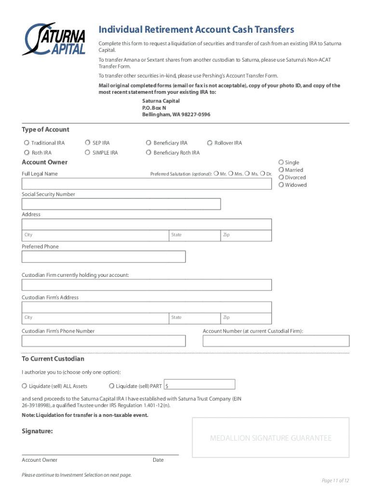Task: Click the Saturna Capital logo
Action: pyautogui.click(x=55, y=39)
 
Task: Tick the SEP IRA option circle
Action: pyautogui.click(x=87, y=143)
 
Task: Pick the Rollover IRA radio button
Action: pyautogui.click(x=210, y=143)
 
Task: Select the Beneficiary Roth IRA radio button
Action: pyautogui.click(x=148, y=153)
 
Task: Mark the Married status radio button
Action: pyautogui.click(x=281, y=170)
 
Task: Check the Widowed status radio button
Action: pyautogui.click(x=281, y=185)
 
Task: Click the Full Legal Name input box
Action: pyautogui.click(x=146, y=184)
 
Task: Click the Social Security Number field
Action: pyautogui.click(x=121, y=204)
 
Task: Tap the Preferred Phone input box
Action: pyautogui.click(x=104, y=257)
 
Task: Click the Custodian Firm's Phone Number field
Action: pyautogui.click(x=104, y=341)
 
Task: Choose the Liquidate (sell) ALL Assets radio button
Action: pyautogui.click(x=25, y=386)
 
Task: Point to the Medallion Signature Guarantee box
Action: pyautogui.click(x=270, y=437)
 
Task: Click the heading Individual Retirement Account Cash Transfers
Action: pyautogui.click(x=196, y=30)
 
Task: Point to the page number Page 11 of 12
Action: pyautogui.click(x=335, y=480)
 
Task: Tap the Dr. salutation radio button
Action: pyautogui.click(x=263, y=173)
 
